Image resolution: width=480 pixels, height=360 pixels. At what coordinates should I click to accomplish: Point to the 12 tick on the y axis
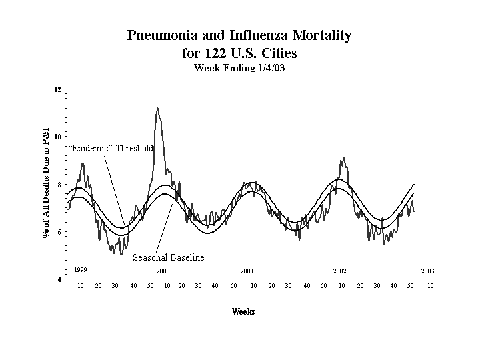(57, 89)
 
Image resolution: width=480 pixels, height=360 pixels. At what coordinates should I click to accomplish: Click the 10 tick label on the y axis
(57, 137)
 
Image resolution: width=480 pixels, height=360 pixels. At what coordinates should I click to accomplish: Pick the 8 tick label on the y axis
(59, 185)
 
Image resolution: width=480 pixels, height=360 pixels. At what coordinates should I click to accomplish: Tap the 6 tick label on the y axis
(59, 232)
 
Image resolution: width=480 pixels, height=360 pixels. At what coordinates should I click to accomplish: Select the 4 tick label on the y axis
(59, 279)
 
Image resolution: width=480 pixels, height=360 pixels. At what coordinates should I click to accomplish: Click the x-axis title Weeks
(243, 311)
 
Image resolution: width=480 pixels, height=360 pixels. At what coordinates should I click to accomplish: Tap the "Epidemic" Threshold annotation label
(111, 148)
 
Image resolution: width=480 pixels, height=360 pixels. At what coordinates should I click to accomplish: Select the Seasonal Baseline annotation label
(168, 257)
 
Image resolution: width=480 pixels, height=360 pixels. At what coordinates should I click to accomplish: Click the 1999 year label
(81, 269)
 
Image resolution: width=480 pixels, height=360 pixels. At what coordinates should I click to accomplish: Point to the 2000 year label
(163, 271)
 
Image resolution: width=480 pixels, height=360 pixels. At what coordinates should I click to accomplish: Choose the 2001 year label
(247, 271)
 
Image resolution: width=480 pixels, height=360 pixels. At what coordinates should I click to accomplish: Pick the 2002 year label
(339, 271)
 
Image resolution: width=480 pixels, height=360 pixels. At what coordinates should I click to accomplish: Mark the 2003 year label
(427, 271)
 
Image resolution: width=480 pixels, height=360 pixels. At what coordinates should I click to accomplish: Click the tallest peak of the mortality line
(157, 108)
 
